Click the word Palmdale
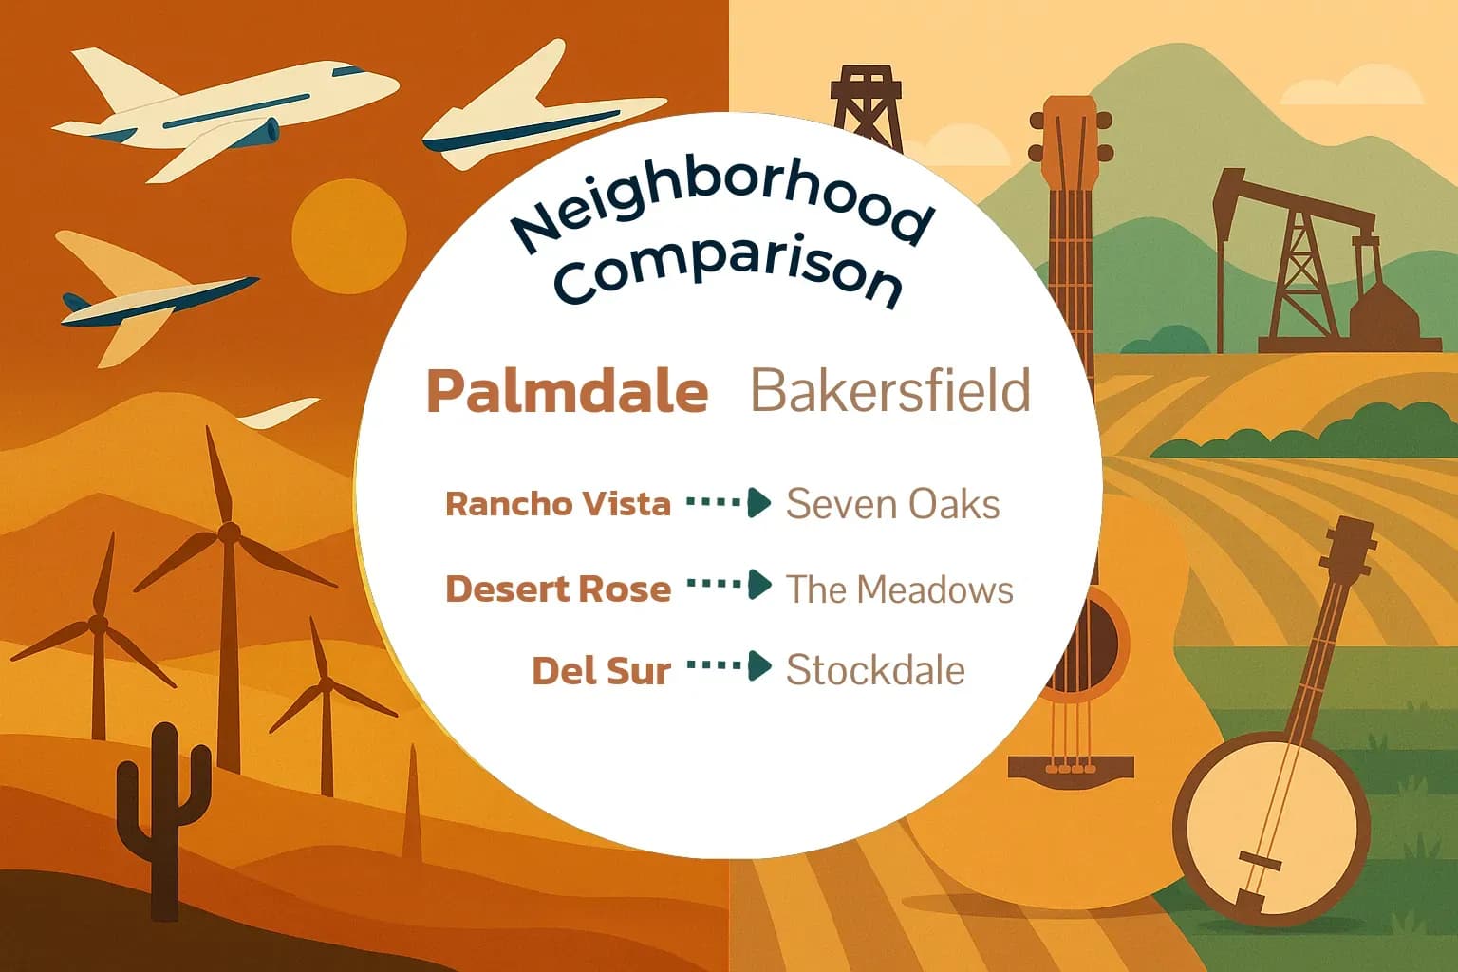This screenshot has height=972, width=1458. (x=568, y=391)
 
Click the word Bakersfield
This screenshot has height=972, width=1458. (x=889, y=390)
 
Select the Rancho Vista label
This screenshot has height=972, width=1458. (x=557, y=503)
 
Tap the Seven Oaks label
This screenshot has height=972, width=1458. (x=892, y=504)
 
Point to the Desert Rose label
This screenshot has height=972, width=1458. (x=557, y=589)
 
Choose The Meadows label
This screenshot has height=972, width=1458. (x=899, y=589)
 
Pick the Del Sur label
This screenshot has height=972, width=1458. (x=601, y=671)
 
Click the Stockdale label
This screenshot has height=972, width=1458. (x=875, y=670)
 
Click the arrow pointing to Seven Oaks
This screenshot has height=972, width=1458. (x=729, y=502)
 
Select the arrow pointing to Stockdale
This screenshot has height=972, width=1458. (x=729, y=666)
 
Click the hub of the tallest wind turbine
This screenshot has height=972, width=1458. (x=228, y=533)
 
